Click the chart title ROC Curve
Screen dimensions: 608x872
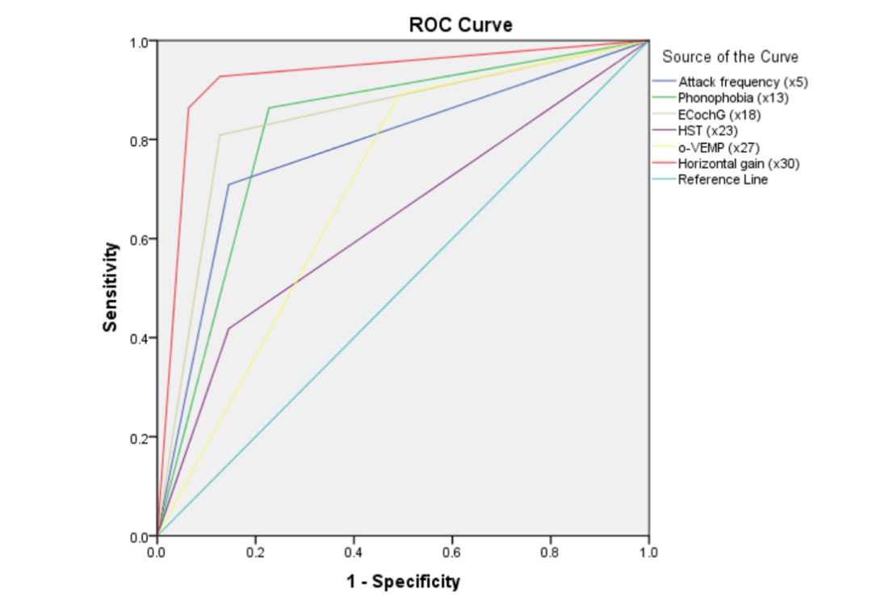pyautogui.click(x=460, y=25)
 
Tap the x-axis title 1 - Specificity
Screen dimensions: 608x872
pyautogui.click(x=404, y=581)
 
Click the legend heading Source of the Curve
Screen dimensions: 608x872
pyautogui.click(x=730, y=57)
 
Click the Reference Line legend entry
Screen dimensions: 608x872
pyautogui.click(x=723, y=179)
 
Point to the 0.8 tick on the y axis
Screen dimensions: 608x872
pyautogui.click(x=144, y=140)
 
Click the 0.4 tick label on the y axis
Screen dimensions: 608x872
pyautogui.click(x=144, y=338)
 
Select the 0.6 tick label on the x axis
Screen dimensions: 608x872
pyautogui.click(x=451, y=552)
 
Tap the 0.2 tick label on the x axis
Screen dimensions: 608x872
pyautogui.click(x=255, y=552)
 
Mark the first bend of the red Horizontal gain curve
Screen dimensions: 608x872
pyautogui.click(x=189, y=108)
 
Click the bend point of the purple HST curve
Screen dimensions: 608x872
pyautogui.click(x=229, y=328)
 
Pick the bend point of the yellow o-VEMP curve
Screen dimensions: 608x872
pyautogui.click(x=397, y=95)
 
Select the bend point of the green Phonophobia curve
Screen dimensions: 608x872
pyautogui.click(x=269, y=108)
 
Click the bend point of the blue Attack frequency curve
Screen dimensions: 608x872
pyautogui.click(x=229, y=184)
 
